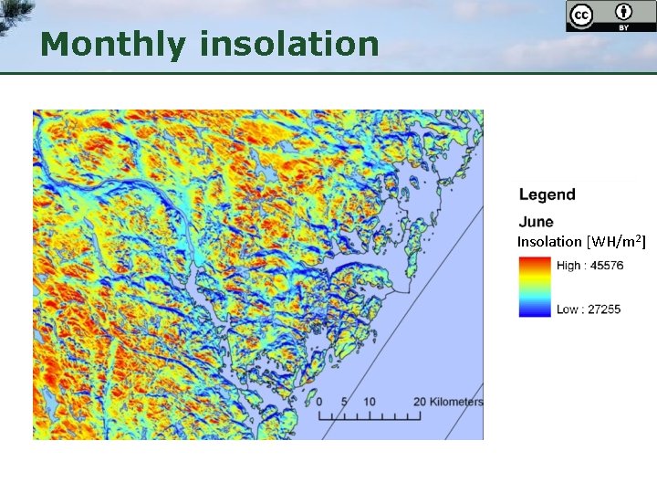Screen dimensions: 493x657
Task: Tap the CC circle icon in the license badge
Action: pos(580,16)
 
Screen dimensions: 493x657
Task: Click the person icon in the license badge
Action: pos(624,13)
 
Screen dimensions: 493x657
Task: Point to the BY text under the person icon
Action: pos(624,27)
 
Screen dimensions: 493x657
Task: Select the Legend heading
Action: pos(547,194)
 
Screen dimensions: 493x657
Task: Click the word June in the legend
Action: pos(536,222)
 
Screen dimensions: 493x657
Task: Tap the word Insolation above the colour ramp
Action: pos(549,242)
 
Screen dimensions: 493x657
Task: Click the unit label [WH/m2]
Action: pos(616,242)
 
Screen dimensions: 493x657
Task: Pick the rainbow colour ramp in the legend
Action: pos(535,287)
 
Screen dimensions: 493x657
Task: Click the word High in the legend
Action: pos(568,266)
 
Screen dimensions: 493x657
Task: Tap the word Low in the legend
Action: pos(568,309)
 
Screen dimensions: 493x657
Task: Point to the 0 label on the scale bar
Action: pos(318,402)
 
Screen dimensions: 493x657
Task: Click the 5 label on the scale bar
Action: pos(344,402)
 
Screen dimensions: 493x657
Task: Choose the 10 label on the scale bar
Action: pos(370,402)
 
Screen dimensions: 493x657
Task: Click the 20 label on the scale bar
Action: pos(419,402)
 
